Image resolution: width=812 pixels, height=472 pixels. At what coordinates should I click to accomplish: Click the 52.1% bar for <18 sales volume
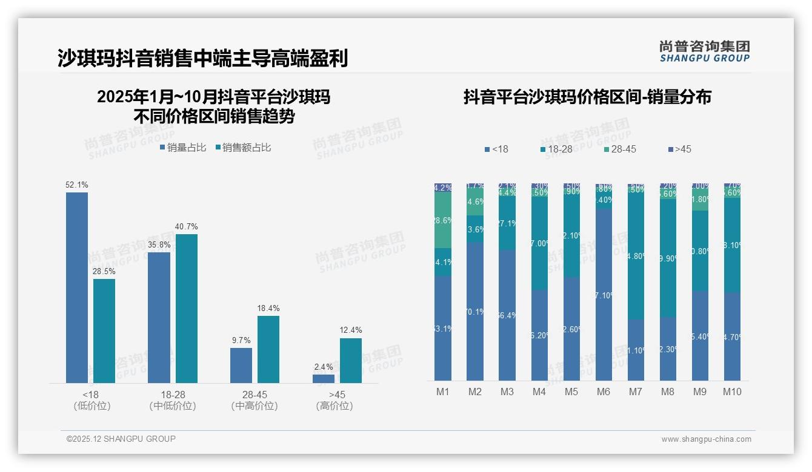point(77,287)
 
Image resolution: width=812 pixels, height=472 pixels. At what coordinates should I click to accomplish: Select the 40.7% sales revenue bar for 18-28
point(186,309)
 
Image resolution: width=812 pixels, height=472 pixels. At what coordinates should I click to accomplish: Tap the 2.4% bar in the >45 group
point(324,379)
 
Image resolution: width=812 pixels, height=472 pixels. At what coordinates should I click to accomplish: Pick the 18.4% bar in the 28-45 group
point(268,349)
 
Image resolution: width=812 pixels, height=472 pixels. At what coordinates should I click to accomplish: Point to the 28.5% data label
point(104,272)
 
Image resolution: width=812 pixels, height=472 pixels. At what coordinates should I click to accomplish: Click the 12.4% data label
point(351,330)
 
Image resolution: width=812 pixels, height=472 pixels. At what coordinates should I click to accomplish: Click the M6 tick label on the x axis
point(604,392)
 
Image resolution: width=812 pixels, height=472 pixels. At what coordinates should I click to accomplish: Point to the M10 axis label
point(732,392)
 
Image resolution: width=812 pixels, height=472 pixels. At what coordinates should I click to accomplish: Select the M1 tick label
point(443,392)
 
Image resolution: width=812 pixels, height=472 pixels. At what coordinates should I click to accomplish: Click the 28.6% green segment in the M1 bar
point(443,220)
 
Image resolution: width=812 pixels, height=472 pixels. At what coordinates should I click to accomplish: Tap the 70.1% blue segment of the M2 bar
point(475,311)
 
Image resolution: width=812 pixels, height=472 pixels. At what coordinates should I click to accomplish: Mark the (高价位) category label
point(334,407)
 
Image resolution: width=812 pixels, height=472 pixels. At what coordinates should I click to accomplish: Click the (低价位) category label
point(92,407)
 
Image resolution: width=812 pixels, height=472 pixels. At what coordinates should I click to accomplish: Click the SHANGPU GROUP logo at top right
point(704,51)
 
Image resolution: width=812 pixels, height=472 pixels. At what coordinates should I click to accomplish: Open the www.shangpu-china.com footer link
point(706,439)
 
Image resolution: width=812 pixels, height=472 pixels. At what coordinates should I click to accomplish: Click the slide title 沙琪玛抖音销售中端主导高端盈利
point(202,59)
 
